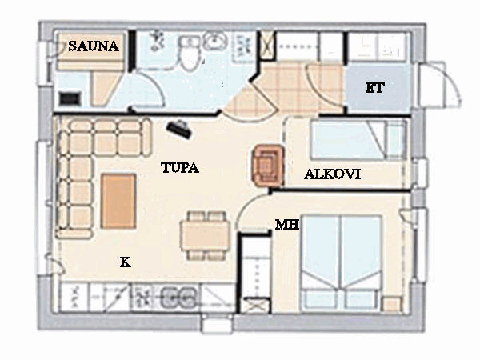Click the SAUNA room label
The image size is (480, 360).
94,46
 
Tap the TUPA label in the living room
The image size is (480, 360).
180,167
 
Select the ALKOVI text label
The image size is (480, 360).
333,174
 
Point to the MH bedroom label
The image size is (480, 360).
287,225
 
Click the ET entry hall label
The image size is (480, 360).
374,88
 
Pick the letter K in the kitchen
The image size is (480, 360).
126,262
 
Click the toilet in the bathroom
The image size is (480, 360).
189,54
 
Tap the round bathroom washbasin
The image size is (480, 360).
216,41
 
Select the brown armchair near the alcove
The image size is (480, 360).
268,166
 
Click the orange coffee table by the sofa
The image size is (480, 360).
118,201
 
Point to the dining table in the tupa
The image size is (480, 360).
205,235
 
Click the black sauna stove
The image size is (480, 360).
70,98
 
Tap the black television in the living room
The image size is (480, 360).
179,130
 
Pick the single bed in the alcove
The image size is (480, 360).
358,140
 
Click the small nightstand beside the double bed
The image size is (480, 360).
392,304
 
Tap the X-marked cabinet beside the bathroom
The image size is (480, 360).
267,46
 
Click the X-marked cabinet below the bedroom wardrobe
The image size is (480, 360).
254,306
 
